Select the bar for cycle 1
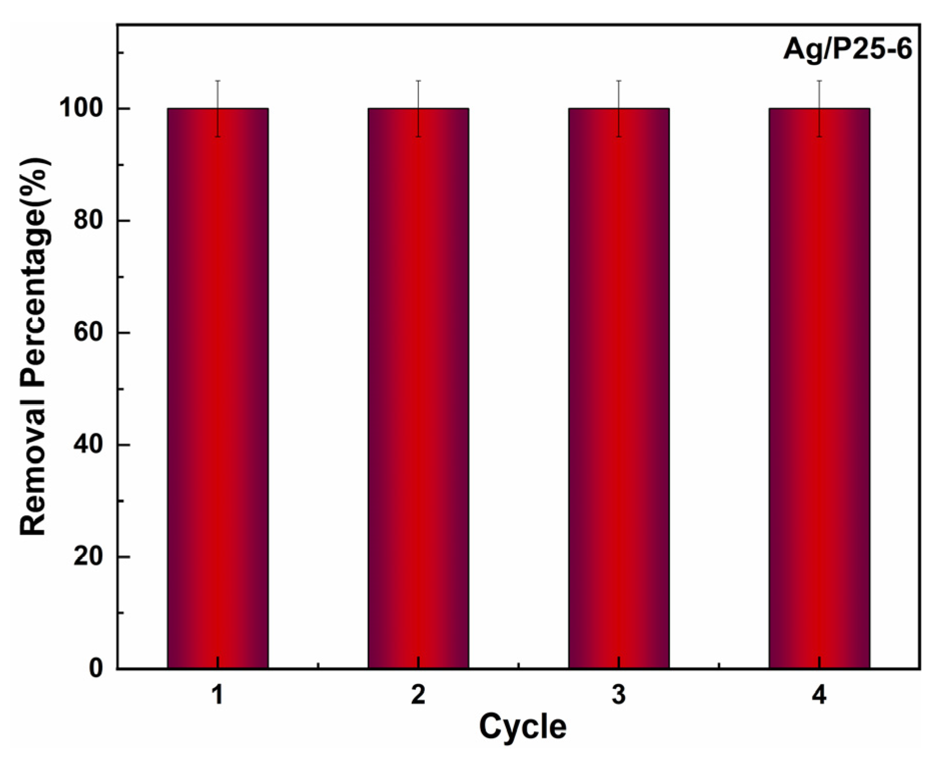tap(218, 388)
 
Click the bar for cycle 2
tap(418, 388)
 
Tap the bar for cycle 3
tap(619, 388)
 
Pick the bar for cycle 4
tap(819, 388)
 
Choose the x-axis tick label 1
tap(218, 695)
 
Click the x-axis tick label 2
tap(418, 695)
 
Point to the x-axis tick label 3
tap(619, 695)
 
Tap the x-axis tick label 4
tap(819, 695)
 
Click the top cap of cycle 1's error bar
tap(218, 80)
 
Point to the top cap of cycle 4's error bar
tap(819, 80)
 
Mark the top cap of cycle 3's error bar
tap(619, 80)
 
